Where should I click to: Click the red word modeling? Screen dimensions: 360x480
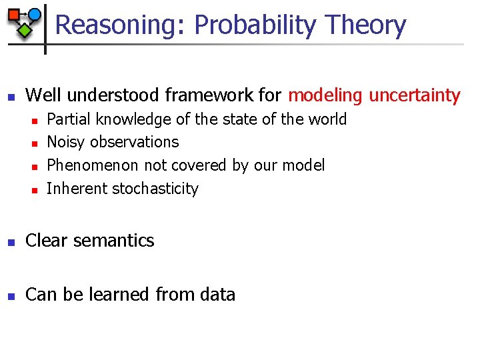[325, 96]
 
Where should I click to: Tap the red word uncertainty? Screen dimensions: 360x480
[415, 96]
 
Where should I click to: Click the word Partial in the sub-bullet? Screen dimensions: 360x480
[69, 119]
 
